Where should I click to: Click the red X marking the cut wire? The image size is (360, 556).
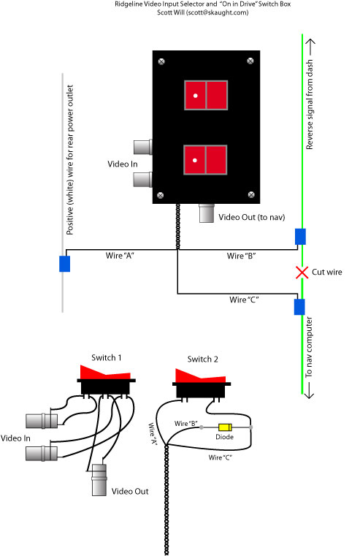302,273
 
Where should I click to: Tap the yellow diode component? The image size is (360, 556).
225,427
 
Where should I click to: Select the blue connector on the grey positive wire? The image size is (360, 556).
64,264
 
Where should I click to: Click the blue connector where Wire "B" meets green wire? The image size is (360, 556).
300,237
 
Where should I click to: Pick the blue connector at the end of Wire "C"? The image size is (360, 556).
299,307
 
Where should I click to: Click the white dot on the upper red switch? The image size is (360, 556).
195,96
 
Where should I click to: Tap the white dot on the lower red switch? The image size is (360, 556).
194,160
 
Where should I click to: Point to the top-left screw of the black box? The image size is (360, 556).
161,61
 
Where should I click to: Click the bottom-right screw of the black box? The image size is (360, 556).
251,194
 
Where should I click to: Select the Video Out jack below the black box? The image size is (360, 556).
206,213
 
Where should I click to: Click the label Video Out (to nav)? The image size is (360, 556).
252,217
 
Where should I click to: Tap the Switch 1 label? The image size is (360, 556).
107,357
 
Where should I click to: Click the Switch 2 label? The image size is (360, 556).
202,359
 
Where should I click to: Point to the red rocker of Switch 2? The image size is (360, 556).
200,376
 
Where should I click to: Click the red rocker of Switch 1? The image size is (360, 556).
105,373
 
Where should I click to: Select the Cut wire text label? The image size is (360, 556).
326,272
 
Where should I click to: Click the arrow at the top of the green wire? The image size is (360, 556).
310,47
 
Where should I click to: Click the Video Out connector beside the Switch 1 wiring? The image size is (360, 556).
99,480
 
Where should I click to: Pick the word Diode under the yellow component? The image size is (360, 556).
225,437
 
